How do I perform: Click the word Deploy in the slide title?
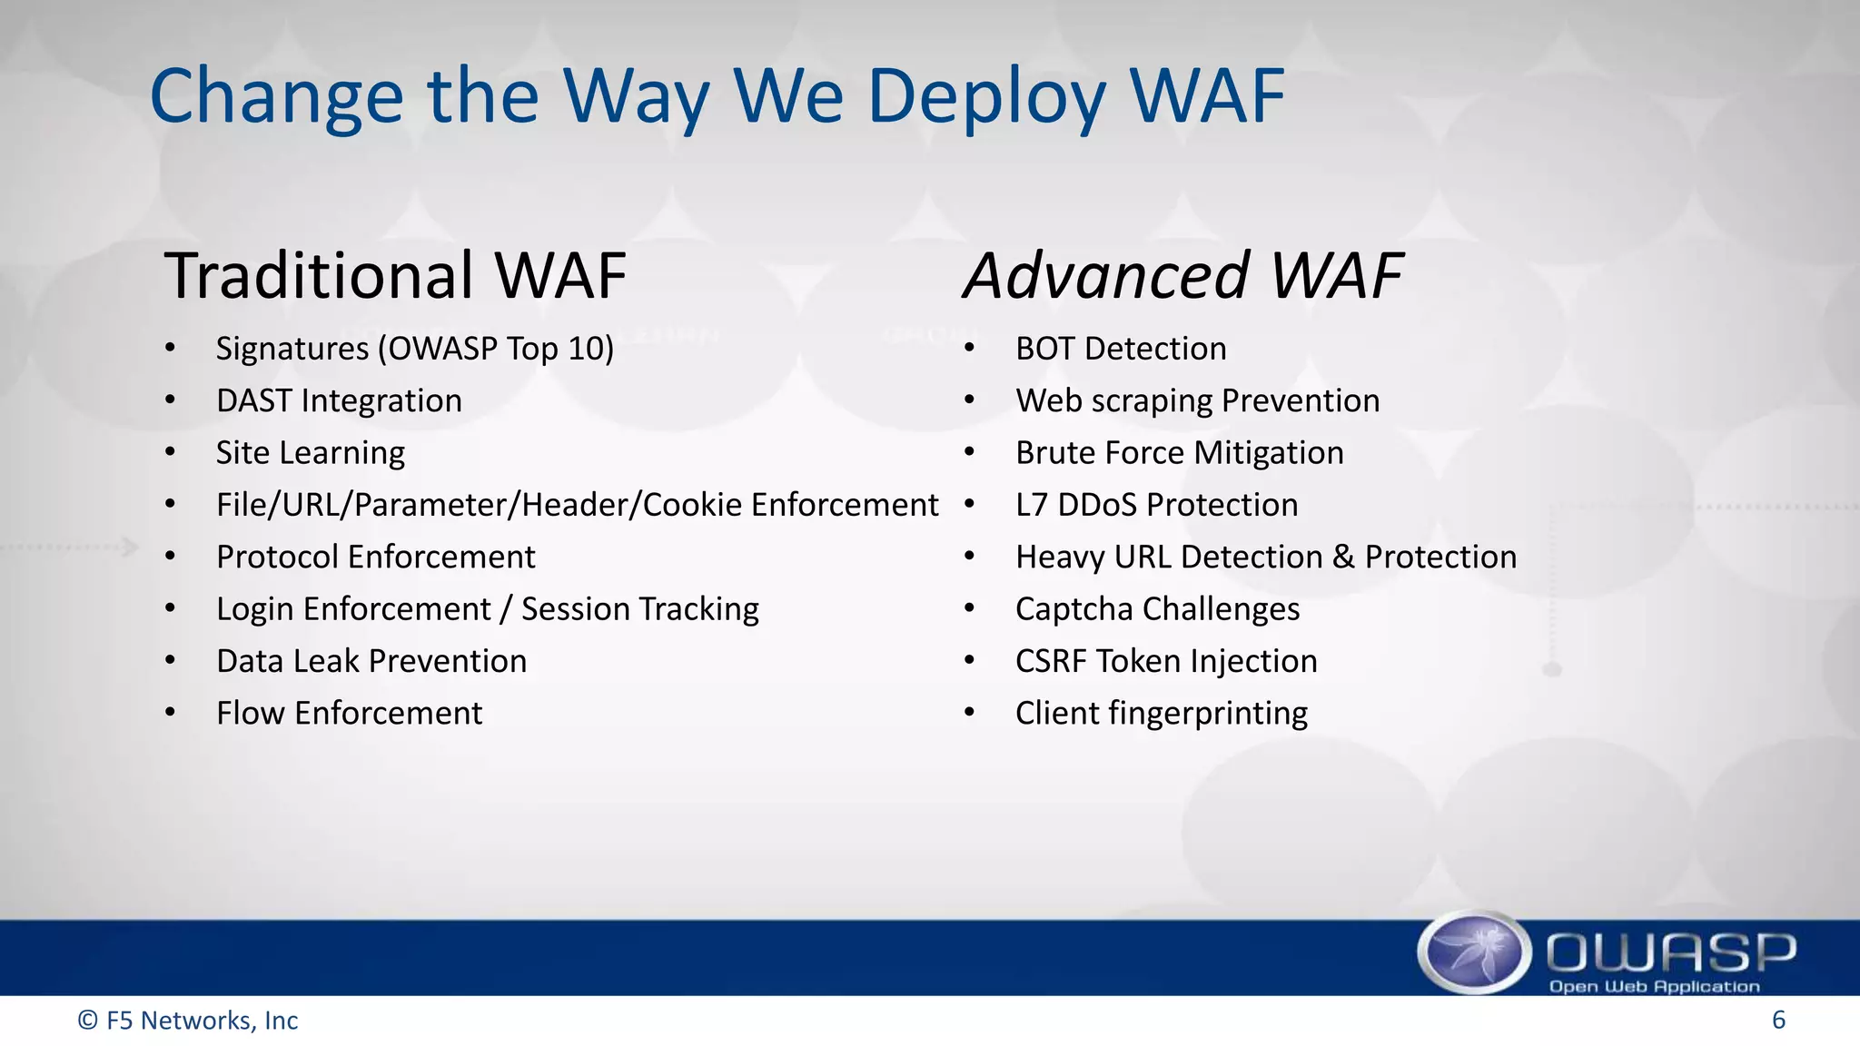tap(986, 97)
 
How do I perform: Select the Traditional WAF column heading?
tap(395, 275)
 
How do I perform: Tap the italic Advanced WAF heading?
tap(1182, 275)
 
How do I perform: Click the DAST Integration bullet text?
tap(339, 400)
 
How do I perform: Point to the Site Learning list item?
tap(310, 452)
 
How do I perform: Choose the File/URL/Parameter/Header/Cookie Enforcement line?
tap(577, 505)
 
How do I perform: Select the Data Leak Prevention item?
tap(371, 661)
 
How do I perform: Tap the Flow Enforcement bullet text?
tap(349, 713)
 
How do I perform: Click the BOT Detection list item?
tap(1120, 349)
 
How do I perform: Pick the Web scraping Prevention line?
tap(1197, 400)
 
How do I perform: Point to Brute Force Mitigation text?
tap(1179, 452)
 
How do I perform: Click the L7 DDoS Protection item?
tap(1156, 505)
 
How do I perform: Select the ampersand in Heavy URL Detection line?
tap(1343, 557)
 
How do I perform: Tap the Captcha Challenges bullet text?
tap(1157, 608)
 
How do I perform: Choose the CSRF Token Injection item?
tap(1165, 661)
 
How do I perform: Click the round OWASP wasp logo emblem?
tap(1474, 952)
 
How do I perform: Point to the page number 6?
tap(1778, 1020)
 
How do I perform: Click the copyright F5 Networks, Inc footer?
tap(188, 1021)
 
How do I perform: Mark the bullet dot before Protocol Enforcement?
tap(170, 556)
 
